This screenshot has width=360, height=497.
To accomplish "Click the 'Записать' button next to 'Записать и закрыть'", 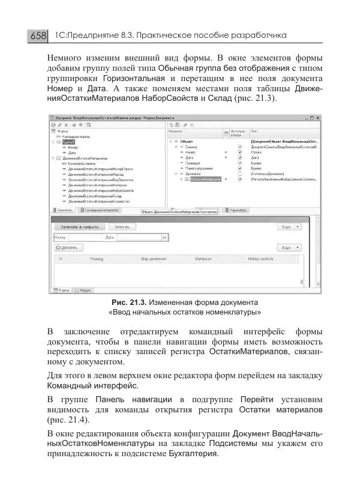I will point(122,227).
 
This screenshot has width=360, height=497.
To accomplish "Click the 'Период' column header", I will point(97,259).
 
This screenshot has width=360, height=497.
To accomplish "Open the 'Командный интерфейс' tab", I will point(100,211).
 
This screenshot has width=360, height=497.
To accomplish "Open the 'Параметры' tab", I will point(238,211).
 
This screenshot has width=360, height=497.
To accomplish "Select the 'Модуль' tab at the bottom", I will point(85,290).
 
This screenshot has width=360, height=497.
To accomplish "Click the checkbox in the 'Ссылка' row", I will point(239,147).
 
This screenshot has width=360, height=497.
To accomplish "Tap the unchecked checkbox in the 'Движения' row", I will point(239,174).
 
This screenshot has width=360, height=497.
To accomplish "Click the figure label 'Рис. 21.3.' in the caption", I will point(128,302).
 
